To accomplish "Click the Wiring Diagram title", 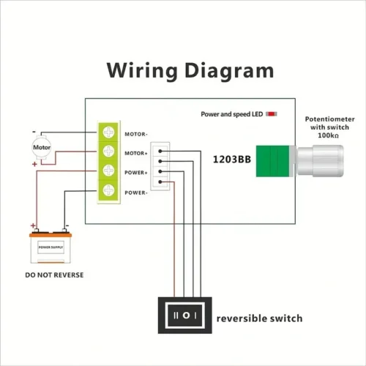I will pos(190,71).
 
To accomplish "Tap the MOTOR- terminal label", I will pos(137,134).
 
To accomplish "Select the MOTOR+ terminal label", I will pos(137,153).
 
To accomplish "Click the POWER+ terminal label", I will pos(137,173).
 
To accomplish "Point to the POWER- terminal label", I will pos(137,192).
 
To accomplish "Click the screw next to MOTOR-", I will pos(109,133).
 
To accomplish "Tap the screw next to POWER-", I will pos(109,191).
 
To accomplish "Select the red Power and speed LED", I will pos(272,114).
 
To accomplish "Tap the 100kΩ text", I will pos(326,136).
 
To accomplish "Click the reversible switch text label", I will pos(259,318).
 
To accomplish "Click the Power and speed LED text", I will pos(232,114).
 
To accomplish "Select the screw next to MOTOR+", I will pos(109,152).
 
